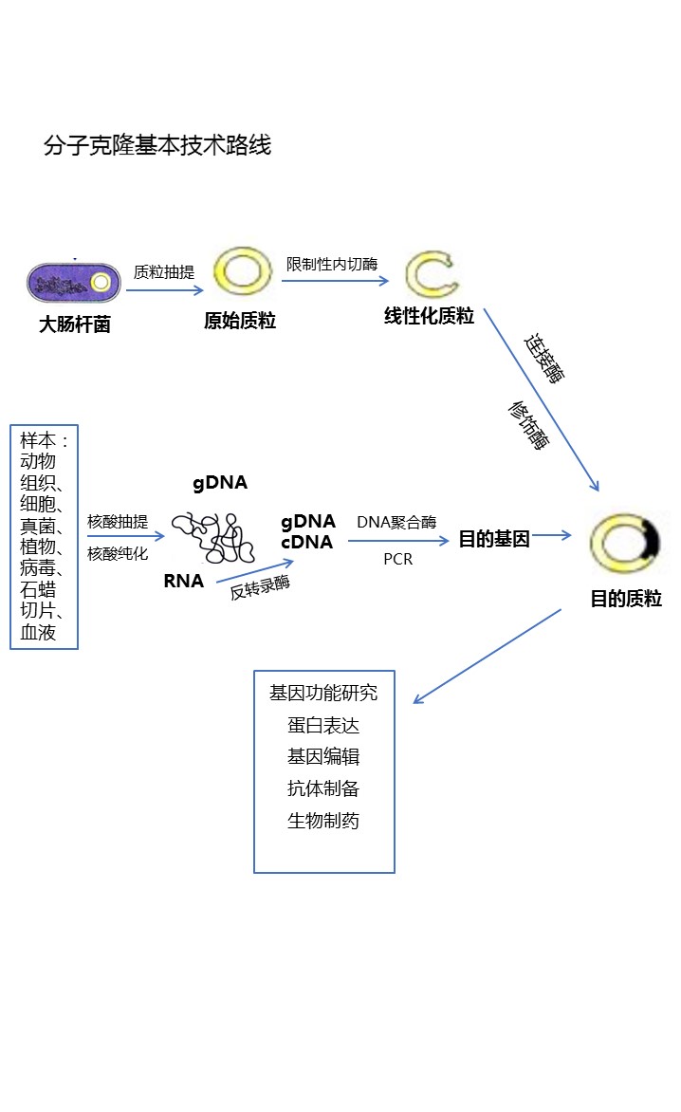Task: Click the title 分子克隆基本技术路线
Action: point(157,145)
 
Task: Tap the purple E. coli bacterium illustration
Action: point(74,283)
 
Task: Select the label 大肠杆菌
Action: point(74,324)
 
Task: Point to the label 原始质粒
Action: point(240,321)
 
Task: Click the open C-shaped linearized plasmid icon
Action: point(431,274)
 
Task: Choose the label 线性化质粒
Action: point(429,317)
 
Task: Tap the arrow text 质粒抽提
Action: point(164,272)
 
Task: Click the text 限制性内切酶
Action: point(332,263)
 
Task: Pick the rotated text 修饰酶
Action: point(528,424)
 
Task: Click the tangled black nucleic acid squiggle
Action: point(212,537)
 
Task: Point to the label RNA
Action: point(183,581)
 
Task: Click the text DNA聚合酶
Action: point(396,522)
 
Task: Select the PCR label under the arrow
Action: point(397,559)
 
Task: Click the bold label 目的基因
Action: point(493,539)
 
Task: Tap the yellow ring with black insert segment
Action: point(625,544)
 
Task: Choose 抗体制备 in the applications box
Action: point(323,788)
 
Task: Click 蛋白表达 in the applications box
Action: point(323,726)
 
